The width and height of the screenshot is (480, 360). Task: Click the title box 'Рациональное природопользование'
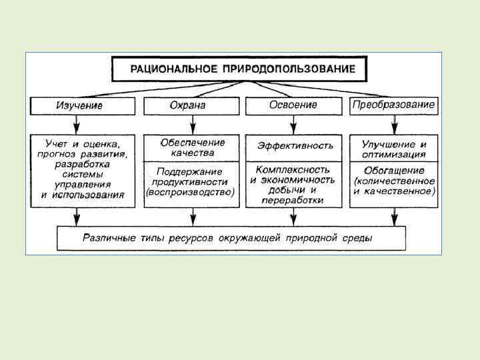click(242, 69)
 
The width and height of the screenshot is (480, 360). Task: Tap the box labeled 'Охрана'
click(193, 106)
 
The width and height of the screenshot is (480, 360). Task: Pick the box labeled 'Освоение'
click(293, 105)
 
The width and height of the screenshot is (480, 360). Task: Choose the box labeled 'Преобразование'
click(394, 105)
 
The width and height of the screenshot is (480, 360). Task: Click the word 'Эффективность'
click(295, 145)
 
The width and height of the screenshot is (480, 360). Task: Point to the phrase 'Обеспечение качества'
click(193, 147)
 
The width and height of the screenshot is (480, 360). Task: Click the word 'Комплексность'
click(292, 170)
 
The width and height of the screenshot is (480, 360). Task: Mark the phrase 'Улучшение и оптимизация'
click(394, 149)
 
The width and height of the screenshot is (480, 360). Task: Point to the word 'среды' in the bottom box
click(357, 238)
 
